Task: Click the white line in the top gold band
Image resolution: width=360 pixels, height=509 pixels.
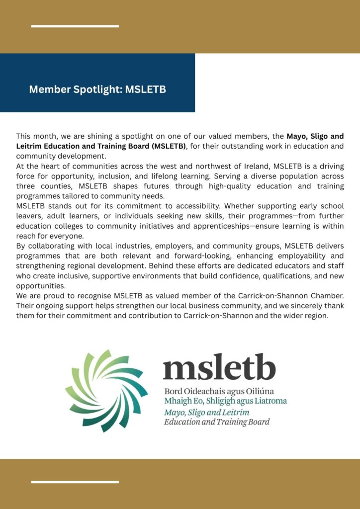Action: [x=75, y=26]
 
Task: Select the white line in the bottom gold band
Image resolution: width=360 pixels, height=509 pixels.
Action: [x=75, y=482]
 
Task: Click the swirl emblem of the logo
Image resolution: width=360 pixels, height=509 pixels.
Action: [x=106, y=390]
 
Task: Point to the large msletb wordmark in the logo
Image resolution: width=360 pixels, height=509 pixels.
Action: [x=219, y=368]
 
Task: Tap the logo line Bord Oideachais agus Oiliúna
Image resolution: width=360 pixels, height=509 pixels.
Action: [x=219, y=391]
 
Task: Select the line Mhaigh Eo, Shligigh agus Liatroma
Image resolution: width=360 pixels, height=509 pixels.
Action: [x=226, y=401]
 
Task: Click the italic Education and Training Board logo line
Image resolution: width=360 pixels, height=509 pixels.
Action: [x=217, y=422]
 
